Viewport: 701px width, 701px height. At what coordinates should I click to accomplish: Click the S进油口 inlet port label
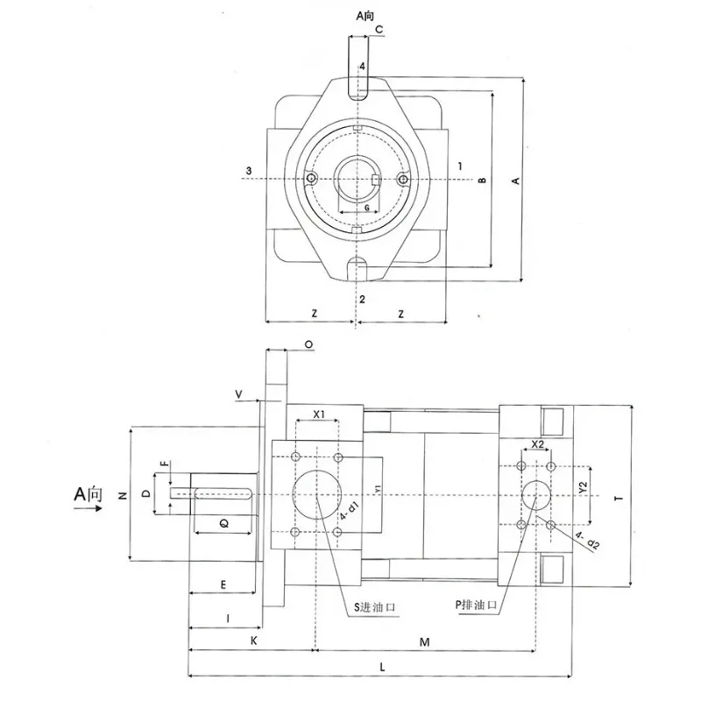point(375,607)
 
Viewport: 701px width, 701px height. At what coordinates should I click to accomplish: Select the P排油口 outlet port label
point(476,605)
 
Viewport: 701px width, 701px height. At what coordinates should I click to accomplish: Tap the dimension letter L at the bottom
point(382,668)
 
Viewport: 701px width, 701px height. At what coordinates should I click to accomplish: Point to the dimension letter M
point(424,642)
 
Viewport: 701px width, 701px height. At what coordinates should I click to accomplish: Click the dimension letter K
point(253,641)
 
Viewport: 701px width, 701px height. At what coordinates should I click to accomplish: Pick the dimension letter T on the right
point(619,498)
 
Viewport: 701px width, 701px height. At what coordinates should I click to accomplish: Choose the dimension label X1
point(319,414)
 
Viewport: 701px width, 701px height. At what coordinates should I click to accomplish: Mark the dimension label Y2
point(582,488)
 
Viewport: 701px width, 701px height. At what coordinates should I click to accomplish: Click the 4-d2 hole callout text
point(587,541)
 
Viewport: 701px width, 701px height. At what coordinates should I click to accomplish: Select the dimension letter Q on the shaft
point(224,523)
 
